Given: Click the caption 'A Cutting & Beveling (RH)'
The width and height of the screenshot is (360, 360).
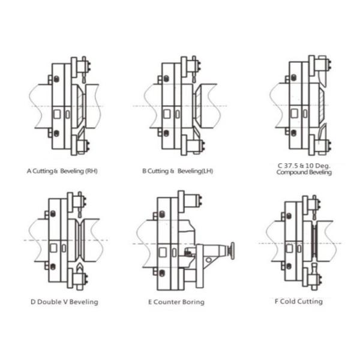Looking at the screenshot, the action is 62,171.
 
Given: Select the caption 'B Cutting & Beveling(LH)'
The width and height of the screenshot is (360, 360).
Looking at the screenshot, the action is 178,171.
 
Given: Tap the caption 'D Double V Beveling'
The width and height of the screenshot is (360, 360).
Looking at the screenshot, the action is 64,302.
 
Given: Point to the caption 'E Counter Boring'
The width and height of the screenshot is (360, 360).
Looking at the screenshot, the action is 176,302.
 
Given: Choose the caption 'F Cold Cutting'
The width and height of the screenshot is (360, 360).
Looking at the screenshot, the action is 299,301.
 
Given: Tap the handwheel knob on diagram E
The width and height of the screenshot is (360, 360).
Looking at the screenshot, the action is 232,251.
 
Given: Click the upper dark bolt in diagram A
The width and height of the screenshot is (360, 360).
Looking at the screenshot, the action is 56,79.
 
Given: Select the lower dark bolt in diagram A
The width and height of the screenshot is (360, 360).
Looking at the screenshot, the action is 56,133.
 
